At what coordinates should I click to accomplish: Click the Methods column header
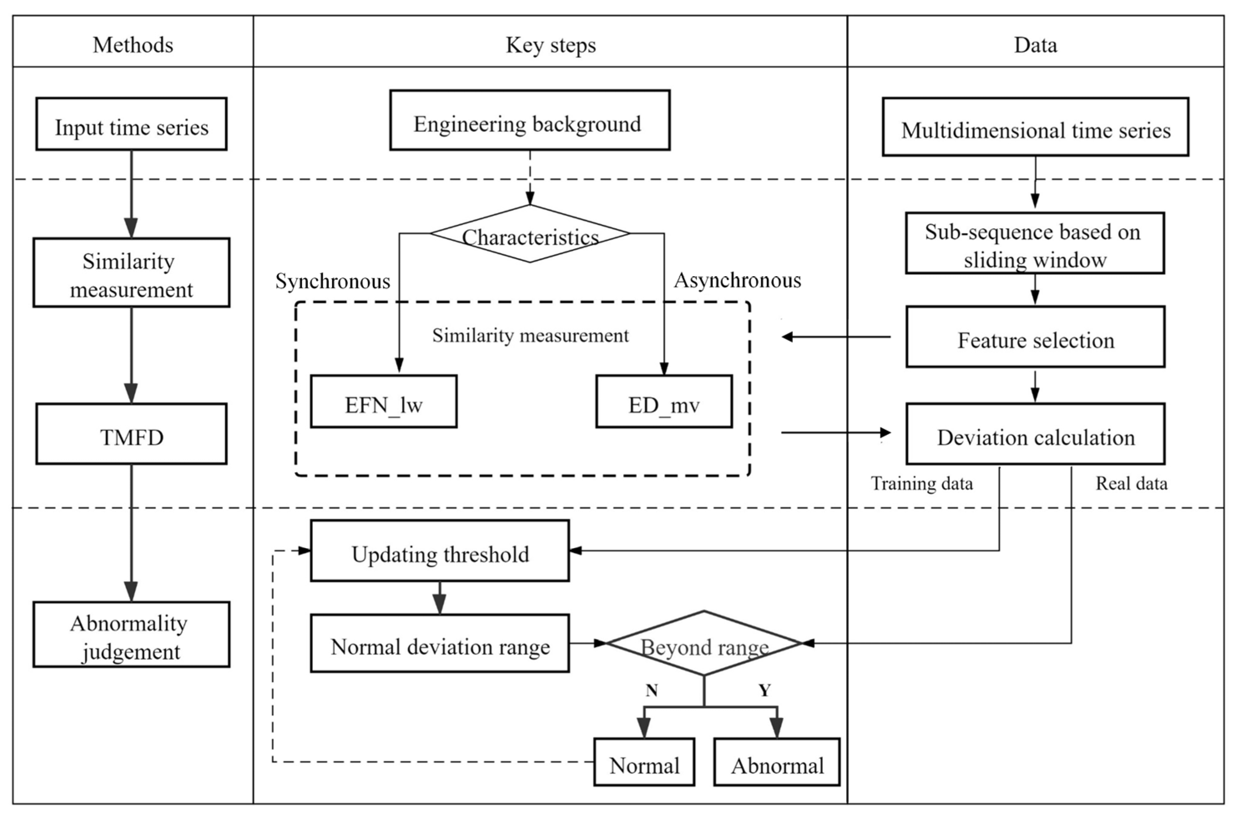[133, 45]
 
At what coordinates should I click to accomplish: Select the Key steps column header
[551, 45]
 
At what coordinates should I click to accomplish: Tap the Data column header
[1035, 45]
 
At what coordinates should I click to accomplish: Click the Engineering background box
[530, 121]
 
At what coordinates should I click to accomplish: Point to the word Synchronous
[332, 282]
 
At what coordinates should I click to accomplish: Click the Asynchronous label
[737, 280]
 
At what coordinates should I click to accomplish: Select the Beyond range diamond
[704, 644]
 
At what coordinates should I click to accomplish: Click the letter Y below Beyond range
[764, 690]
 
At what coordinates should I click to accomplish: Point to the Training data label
[921, 484]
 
